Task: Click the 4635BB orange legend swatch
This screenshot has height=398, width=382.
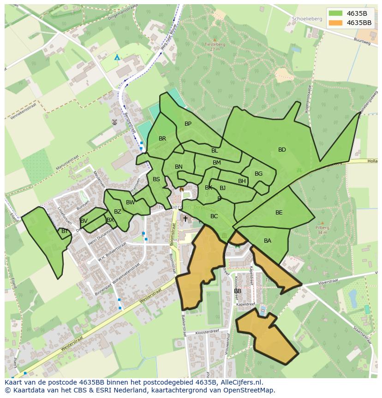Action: [336, 23]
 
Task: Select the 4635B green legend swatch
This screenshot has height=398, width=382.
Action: [336, 13]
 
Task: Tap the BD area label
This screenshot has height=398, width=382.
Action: [282, 150]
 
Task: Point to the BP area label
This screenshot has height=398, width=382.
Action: [188, 124]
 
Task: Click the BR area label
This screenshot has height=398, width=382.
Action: [162, 139]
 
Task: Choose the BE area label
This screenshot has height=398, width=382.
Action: [279, 213]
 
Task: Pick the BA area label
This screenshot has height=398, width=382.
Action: [268, 241]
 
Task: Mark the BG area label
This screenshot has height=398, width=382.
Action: [258, 174]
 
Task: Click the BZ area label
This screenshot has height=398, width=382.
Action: [118, 212]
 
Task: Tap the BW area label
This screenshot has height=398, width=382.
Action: [131, 202]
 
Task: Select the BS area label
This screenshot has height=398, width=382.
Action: [156, 179]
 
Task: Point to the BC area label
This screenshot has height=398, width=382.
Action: [214, 216]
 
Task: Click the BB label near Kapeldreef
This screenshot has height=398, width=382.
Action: [238, 291]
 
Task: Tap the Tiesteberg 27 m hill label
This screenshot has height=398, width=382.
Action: [214, 46]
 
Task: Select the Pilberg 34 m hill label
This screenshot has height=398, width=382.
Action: [322, 230]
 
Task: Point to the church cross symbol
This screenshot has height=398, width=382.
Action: [185, 219]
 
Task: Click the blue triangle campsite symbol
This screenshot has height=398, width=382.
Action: [117, 57]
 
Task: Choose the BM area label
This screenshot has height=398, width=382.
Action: [217, 163]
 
